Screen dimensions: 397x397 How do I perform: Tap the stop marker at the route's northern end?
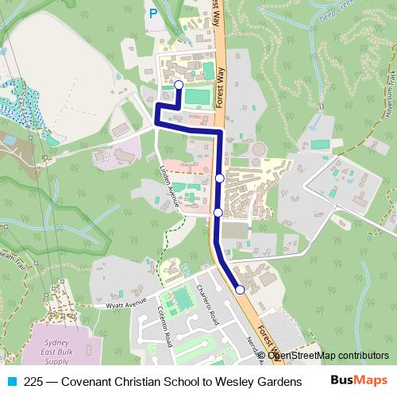click(179, 84)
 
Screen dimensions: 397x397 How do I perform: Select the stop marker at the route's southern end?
click(240, 290)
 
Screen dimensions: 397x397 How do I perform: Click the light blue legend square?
click(13, 380)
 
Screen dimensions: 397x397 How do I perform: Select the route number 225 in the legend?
click(34, 380)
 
